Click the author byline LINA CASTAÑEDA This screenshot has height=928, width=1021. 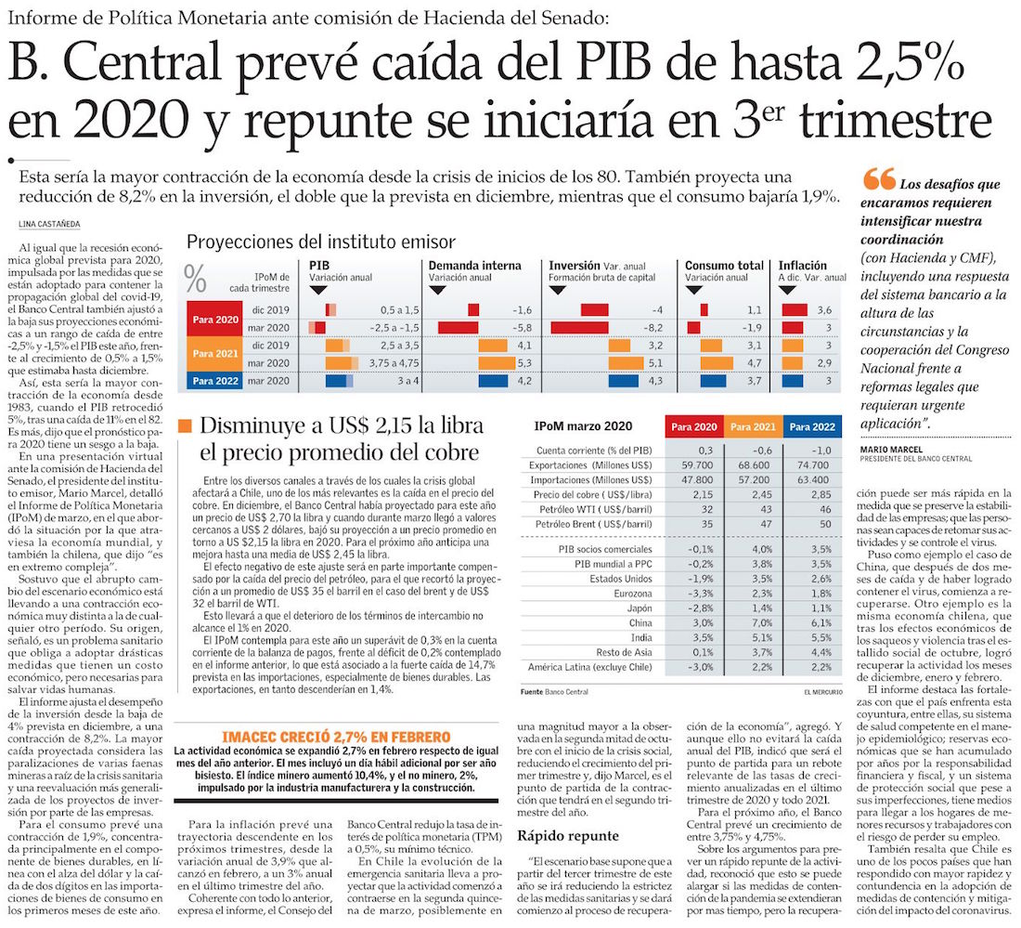pos(49,224)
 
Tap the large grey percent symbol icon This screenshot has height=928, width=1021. pos(197,278)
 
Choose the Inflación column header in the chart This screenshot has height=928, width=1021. pos(802,266)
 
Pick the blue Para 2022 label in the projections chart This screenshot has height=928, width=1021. pos(216,380)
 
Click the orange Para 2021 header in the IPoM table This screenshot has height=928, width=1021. pos(755,425)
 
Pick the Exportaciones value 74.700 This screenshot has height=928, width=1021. pos(811,464)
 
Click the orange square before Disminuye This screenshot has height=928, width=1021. pos(185,426)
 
